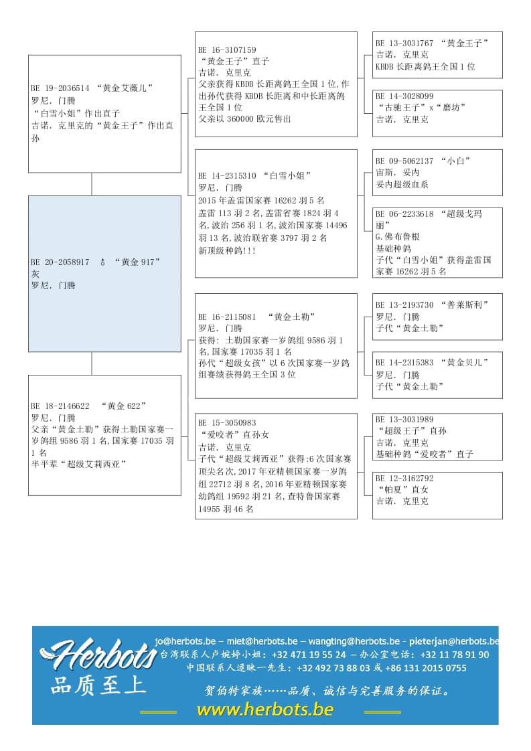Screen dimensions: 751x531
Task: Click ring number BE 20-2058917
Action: pyautogui.click(x=60, y=262)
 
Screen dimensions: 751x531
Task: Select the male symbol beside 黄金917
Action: pyautogui.click(x=102, y=262)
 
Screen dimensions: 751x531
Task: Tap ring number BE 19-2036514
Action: pyautogui.click(x=60, y=88)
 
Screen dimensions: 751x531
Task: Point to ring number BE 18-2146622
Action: pyautogui.click(x=60, y=406)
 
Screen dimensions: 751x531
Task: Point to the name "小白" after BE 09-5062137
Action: pyautogui.click(x=459, y=161)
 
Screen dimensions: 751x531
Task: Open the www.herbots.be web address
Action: pyautogui.click(x=264, y=710)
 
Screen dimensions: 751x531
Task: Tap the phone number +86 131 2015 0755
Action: pyautogui.click(x=429, y=668)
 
